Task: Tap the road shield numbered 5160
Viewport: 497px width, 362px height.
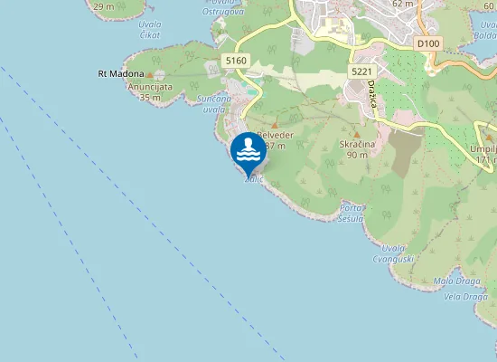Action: click(x=236, y=60)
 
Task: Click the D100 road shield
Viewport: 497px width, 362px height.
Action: click(x=427, y=43)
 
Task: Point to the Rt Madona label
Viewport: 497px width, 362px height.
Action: click(x=120, y=73)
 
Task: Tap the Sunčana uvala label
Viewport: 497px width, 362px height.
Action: click(x=214, y=103)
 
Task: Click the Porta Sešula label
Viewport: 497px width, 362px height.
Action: click(x=351, y=214)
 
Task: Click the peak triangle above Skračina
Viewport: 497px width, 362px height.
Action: click(x=355, y=132)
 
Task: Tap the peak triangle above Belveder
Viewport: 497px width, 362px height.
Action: click(x=275, y=124)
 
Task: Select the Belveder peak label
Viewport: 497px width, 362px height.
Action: click(x=273, y=139)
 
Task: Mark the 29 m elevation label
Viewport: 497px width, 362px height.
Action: click(x=103, y=6)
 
